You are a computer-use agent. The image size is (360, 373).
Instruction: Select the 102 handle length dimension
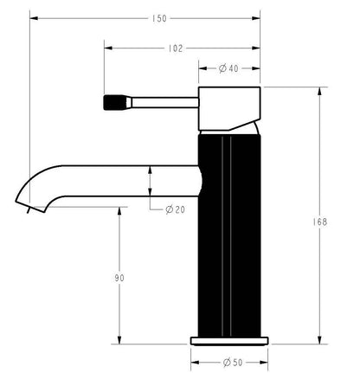coord(177,48)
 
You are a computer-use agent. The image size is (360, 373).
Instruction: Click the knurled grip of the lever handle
coord(114,100)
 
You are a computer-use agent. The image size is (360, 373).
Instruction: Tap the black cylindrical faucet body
coord(229,234)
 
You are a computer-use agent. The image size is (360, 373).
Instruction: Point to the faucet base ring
coord(229,338)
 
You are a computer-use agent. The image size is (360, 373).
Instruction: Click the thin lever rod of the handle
coord(164,100)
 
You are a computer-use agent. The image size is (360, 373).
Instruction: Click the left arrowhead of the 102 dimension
coord(108,48)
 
